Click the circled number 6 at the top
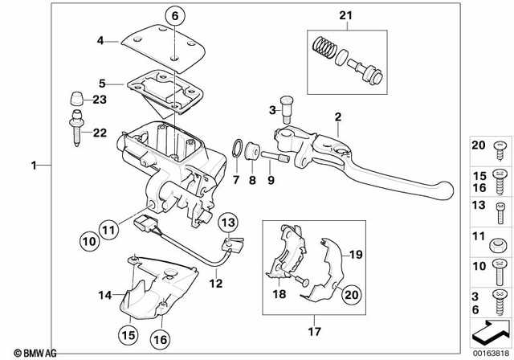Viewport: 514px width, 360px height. click(175, 14)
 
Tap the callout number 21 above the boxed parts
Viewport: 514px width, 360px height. click(345, 15)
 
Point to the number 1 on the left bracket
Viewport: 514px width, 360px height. click(34, 166)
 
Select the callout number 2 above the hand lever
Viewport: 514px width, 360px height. click(339, 118)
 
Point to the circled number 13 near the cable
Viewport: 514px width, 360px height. click(229, 222)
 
